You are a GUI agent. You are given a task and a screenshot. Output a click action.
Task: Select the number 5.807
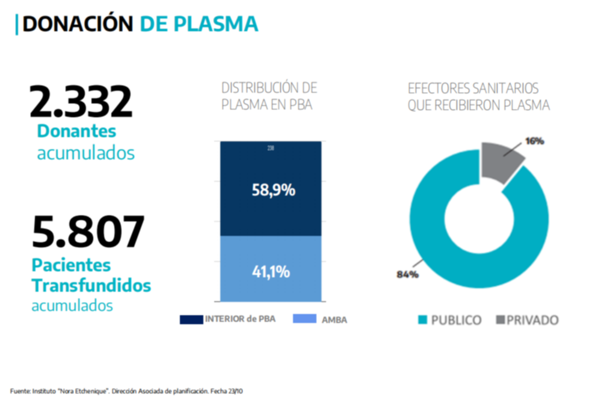tap(88, 233)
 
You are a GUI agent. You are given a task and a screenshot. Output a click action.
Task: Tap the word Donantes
tap(76, 131)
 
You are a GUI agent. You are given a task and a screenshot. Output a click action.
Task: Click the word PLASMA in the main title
tap(218, 23)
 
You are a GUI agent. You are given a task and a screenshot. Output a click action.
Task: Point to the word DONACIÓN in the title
tap(78, 23)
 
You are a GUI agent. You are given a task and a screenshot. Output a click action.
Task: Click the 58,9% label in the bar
tap(273, 191)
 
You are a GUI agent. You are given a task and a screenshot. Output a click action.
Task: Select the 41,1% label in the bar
tap(271, 271)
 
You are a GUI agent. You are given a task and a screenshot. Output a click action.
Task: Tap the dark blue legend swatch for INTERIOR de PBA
tap(191, 319)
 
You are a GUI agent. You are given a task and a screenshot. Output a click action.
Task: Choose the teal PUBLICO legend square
tap(422, 320)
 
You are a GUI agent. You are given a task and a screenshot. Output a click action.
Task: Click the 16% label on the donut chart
tap(535, 141)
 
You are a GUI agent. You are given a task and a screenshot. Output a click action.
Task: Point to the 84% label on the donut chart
tap(407, 274)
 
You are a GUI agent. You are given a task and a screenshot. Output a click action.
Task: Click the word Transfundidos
tap(90, 285)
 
